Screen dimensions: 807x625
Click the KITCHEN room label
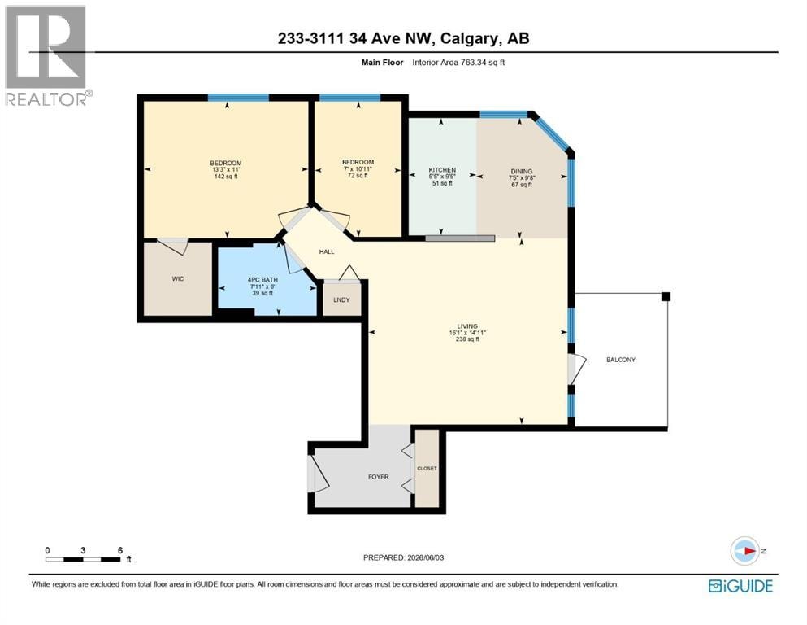442,170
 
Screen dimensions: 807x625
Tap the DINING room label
522,172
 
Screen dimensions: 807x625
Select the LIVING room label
467,326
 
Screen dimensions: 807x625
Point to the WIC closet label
177,279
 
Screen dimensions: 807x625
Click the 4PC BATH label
262,280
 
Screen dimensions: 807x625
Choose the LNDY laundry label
342,299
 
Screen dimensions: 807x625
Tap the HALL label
327,252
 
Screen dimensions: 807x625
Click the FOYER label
378,477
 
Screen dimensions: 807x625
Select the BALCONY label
621,360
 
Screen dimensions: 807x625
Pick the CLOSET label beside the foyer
427,469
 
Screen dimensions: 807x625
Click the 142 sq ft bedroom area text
226,177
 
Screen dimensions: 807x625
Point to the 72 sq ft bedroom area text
358,175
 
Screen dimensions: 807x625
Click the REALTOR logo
46,55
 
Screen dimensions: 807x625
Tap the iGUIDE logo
740,586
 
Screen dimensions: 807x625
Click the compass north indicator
746,551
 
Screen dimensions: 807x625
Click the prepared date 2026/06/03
425,557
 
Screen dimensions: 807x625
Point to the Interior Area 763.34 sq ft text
458,63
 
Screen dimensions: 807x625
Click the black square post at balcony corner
666,296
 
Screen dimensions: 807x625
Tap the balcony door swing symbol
577,369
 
